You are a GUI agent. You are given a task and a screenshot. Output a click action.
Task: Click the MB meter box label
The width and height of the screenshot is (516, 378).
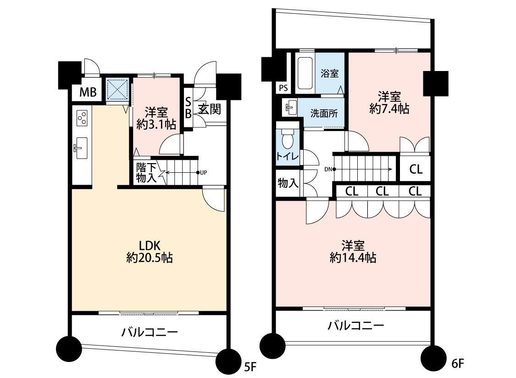tap(88, 93)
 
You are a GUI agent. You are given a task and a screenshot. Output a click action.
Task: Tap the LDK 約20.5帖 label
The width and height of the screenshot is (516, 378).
tap(150, 252)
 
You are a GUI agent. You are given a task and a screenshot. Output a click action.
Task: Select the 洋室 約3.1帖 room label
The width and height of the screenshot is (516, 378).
tap(156, 118)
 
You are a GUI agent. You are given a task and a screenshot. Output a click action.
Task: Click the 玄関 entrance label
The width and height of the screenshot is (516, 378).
tap(210, 109)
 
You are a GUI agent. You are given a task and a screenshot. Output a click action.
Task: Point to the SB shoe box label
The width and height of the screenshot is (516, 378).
tap(188, 108)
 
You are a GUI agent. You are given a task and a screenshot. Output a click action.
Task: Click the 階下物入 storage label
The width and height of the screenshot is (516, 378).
tap(146, 173)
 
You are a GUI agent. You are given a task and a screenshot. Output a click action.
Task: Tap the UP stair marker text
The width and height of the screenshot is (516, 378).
tap(203, 173)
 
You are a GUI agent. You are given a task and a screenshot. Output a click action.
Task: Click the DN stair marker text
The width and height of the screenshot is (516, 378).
tap(328, 170)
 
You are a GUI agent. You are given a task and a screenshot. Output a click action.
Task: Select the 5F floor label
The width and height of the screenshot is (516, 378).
tap(250, 367)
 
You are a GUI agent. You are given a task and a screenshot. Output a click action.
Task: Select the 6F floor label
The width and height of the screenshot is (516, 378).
tap(457, 363)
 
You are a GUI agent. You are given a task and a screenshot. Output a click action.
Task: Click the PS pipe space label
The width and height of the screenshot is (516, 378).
tap(283, 88)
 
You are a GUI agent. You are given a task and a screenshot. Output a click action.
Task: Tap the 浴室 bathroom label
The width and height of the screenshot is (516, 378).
tap(329, 73)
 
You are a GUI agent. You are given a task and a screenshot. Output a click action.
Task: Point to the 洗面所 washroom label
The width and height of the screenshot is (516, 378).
tap(324, 114)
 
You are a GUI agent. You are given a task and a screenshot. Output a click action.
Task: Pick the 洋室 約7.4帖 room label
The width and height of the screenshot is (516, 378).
tap(389, 103)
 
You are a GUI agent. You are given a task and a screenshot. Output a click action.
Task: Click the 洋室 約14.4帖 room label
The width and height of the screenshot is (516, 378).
tap(353, 252)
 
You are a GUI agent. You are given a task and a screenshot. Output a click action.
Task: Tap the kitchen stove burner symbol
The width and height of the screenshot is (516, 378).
tap(82, 118)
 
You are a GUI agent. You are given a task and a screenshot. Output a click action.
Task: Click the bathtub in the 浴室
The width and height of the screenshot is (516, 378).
tap(305, 74)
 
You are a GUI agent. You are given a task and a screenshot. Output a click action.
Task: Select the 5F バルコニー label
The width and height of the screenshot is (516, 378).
tap(150, 332)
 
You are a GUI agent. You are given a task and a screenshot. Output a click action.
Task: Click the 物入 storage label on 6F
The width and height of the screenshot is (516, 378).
tap(288, 183)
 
